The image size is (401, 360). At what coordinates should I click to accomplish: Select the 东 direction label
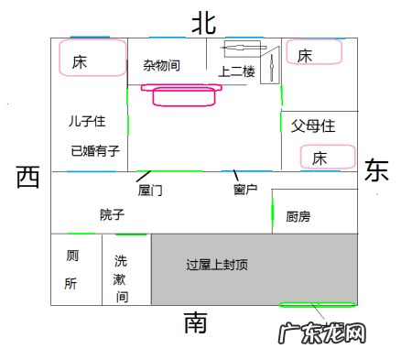coord(376,170)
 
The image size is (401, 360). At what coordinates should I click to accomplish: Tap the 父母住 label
coord(313,124)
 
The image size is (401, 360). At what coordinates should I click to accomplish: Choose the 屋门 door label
coord(150,191)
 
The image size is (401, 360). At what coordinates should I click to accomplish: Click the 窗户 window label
coord(244,190)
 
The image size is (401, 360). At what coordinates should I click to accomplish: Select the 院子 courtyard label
coord(112,214)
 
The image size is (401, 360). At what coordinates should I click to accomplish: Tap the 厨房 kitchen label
coord(298,217)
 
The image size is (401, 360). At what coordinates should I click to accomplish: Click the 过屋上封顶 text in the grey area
coord(216,266)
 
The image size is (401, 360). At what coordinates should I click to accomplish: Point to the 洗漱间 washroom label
coord(121,278)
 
